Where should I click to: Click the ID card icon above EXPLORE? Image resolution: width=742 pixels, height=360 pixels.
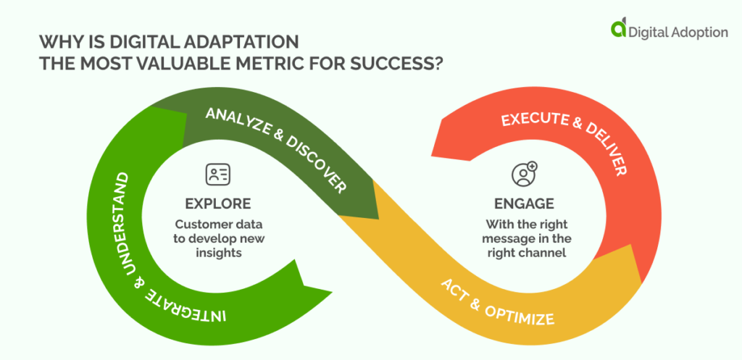pyautogui.click(x=217, y=174)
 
